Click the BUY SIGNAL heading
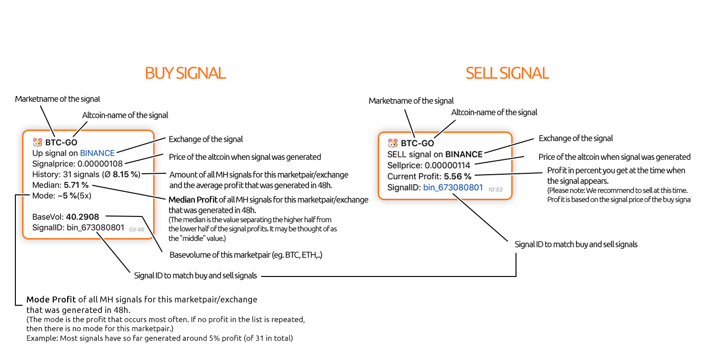[x=185, y=73]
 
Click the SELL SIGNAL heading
[x=507, y=73]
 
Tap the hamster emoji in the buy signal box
[x=37, y=142]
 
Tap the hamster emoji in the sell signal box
[x=393, y=143]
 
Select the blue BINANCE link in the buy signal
[x=97, y=153]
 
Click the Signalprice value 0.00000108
[x=100, y=164]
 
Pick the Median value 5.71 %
[x=76, y=185]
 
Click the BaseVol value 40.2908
[x=82, y=216]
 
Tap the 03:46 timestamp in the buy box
[x=137, y=229]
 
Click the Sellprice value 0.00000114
[x=447, y=165]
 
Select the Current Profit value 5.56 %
[x=457, y=176]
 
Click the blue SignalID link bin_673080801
[x=453, y=187]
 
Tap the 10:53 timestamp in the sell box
[x=495, y=190]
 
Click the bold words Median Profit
[x=193, y=200]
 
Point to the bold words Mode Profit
[x=51, y=300]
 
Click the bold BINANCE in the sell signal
[x=464, y=154]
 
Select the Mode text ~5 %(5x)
[x=74, y=195]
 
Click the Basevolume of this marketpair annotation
[x=246, y=255]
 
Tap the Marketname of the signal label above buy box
[x=58, y=99]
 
